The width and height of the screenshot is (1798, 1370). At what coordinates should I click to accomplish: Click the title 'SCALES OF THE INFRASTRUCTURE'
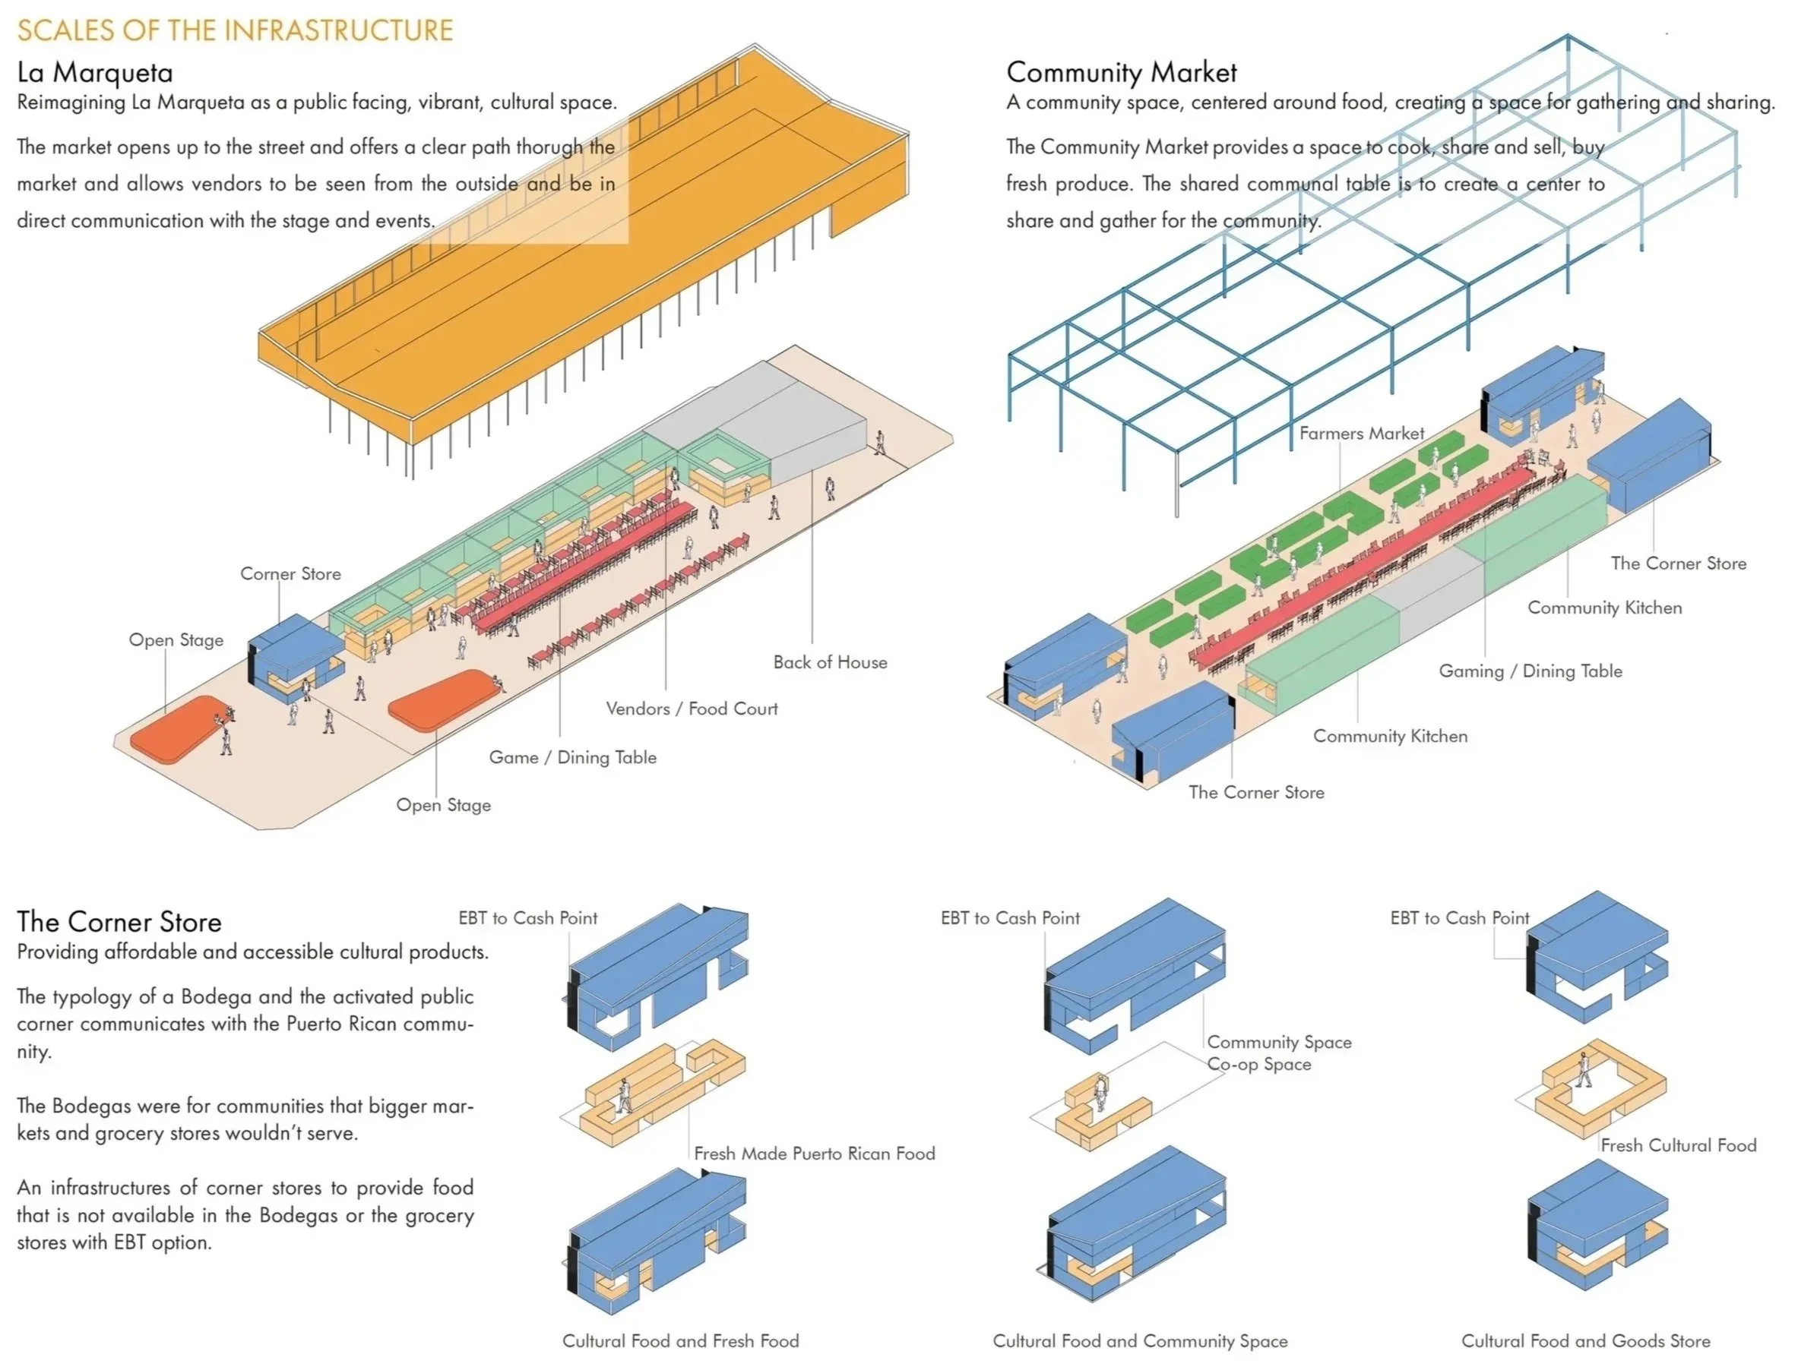point(235,30)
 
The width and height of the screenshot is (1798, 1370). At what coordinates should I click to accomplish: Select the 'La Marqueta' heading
point(95,73)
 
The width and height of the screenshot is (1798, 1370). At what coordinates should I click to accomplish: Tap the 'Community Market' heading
point(1121,73)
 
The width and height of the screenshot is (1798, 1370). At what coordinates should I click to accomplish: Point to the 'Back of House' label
point(830,662)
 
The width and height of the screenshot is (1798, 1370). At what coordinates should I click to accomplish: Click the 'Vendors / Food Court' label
point(691,709)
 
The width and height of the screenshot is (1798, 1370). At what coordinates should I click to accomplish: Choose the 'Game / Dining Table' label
point(572,758)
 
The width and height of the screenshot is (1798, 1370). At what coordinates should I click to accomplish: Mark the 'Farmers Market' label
point(1361,434)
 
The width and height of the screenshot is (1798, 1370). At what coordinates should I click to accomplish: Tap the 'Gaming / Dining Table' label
point(1530,671)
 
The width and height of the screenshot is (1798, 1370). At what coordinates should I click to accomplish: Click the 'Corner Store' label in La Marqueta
point(290,574)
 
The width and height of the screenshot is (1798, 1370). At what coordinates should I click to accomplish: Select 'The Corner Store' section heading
point(119,921)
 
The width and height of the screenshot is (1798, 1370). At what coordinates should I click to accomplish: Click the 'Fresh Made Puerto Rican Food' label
point(814,1153)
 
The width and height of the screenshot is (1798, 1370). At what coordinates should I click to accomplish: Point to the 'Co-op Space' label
point(1258,1064)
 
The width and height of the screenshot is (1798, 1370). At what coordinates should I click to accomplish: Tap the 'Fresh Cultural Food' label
point(1678,1145)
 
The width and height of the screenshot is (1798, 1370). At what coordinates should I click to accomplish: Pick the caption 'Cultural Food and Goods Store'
point(1585,1340)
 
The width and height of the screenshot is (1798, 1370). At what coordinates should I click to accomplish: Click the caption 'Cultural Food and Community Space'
point(1140,1340)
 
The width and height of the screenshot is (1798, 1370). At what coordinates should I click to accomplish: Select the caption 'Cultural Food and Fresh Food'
point(680,1340)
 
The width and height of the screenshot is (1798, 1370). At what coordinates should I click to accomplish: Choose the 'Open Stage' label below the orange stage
point(443,805)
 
